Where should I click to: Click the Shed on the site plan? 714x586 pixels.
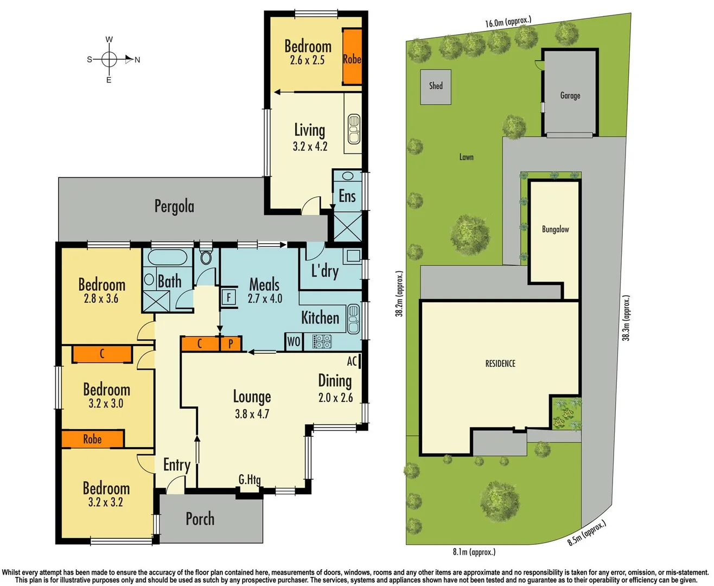pos(436,87)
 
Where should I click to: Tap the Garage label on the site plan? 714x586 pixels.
pos(570,95)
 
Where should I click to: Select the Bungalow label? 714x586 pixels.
pos(555,230)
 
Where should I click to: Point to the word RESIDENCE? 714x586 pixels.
pos(500,364)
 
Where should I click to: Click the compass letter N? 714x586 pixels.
pos(137,60)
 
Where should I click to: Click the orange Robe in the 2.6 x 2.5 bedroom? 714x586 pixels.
pos(352,58)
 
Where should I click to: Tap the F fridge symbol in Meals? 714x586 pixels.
pos(228,297)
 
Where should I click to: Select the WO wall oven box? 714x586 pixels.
pos(294,341)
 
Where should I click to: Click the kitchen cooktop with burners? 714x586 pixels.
pos(321,341)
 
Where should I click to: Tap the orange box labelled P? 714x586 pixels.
pos(231,343)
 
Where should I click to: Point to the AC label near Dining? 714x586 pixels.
pos(352,361)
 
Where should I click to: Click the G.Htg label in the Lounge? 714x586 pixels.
pos(250,480)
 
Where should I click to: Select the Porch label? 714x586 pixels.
pos(200,519)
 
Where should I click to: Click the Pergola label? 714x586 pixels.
pos(174,207)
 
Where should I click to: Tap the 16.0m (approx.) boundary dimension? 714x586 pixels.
pos(508,22)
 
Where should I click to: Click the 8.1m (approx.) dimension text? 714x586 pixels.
pos(474,552)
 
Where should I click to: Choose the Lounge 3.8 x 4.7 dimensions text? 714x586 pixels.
pos(252,414)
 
